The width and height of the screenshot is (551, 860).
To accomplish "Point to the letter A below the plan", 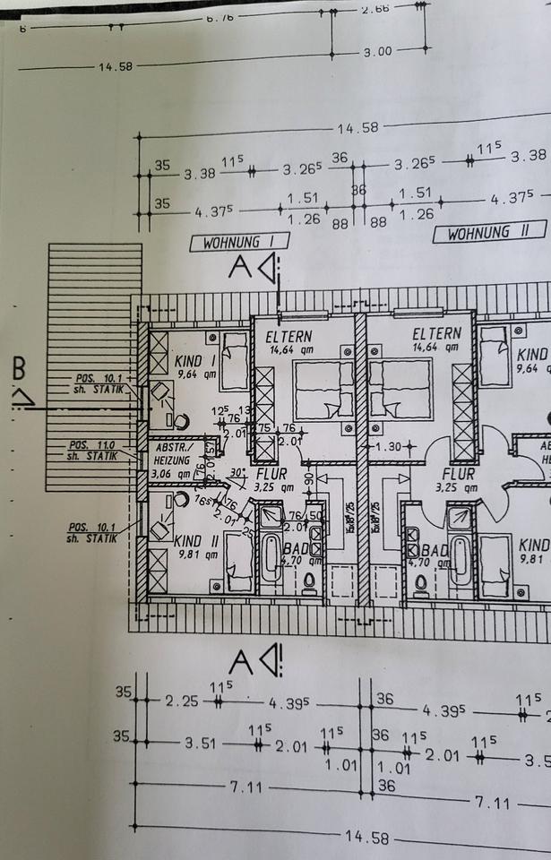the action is tap(239, 661).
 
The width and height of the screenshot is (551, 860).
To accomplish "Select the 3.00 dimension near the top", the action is tap(377, 52).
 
